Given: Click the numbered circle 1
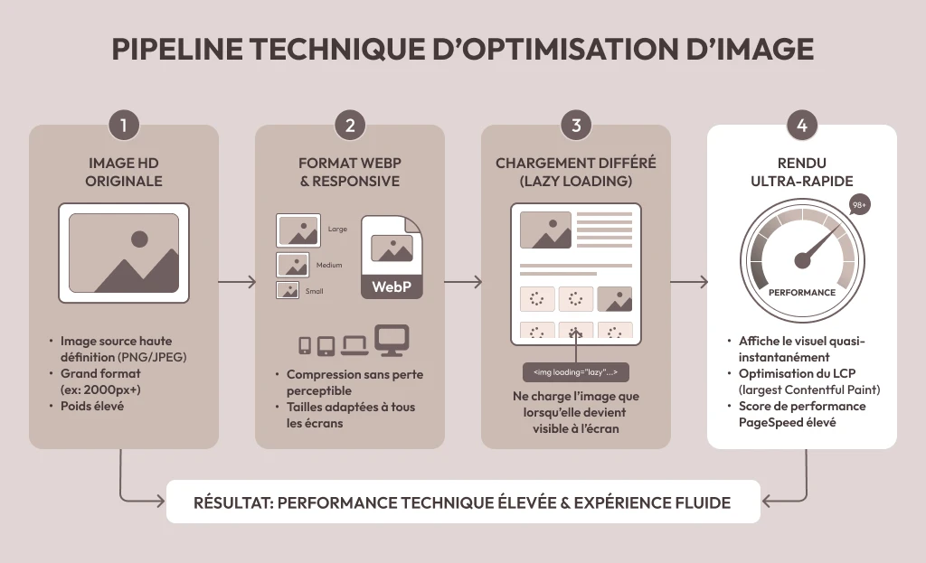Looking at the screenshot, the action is click(x=123, y=125).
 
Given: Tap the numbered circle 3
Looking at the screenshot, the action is click(x=576, y=125).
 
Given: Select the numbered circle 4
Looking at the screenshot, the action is click(x=802, y=125).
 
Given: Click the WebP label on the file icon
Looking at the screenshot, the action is click(x=392, y=286).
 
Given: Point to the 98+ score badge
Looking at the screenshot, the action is click(x=859, y=205).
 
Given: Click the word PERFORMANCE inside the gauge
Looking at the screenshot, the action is click(x=802, y=292).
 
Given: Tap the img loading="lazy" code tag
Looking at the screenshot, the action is click(x=576, y=372).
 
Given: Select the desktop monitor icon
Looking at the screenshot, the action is click(x=392, y=341).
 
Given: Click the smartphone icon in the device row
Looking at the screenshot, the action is click(x=305, y=345).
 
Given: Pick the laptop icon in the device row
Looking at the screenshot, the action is click(x=354, y=346).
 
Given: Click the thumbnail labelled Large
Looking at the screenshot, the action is click(x=298, y=230).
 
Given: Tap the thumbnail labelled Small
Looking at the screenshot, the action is click(x=288, y=290).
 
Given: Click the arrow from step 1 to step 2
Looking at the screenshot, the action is click(x=237, y=282).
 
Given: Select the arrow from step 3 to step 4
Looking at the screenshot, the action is click(x=689, y=282).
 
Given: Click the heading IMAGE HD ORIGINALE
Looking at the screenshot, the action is click(x=123, y=172).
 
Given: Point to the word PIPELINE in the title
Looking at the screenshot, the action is click(x=177, y=49).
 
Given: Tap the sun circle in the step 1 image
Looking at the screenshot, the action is click(x=139, y=239).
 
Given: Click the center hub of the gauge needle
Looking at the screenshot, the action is click(x=803, y=259).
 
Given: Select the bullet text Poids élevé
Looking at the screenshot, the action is click(x=92, y=406).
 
